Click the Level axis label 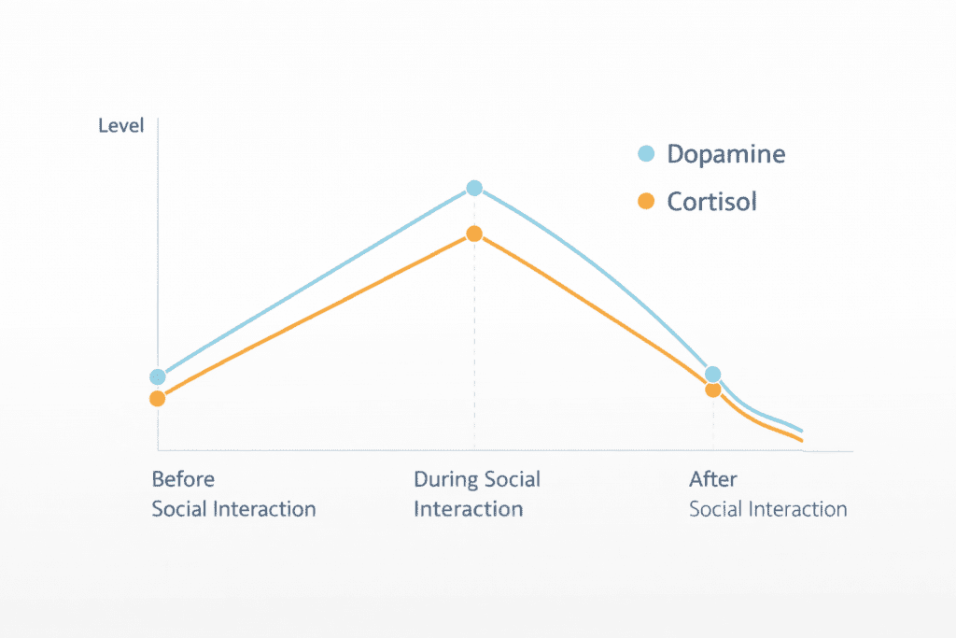point(121,125)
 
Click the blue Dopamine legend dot point(645,154)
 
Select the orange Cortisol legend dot point(645,201)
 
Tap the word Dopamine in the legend point(725,155)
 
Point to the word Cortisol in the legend point(711,202)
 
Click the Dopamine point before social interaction point(158,377)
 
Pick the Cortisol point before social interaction point(158,399)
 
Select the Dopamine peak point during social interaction point(474,188)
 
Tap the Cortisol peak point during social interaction point(474,234)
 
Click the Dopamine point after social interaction point(713,375)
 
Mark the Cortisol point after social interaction point(713,390)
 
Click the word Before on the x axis point(183,479)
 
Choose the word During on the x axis point(446,479)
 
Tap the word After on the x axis point(713,479)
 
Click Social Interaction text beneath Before point(233,509)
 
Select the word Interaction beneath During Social point(468,509)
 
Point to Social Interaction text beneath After point(767,509)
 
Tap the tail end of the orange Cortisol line point(799,438)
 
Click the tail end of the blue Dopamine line point(799,430)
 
